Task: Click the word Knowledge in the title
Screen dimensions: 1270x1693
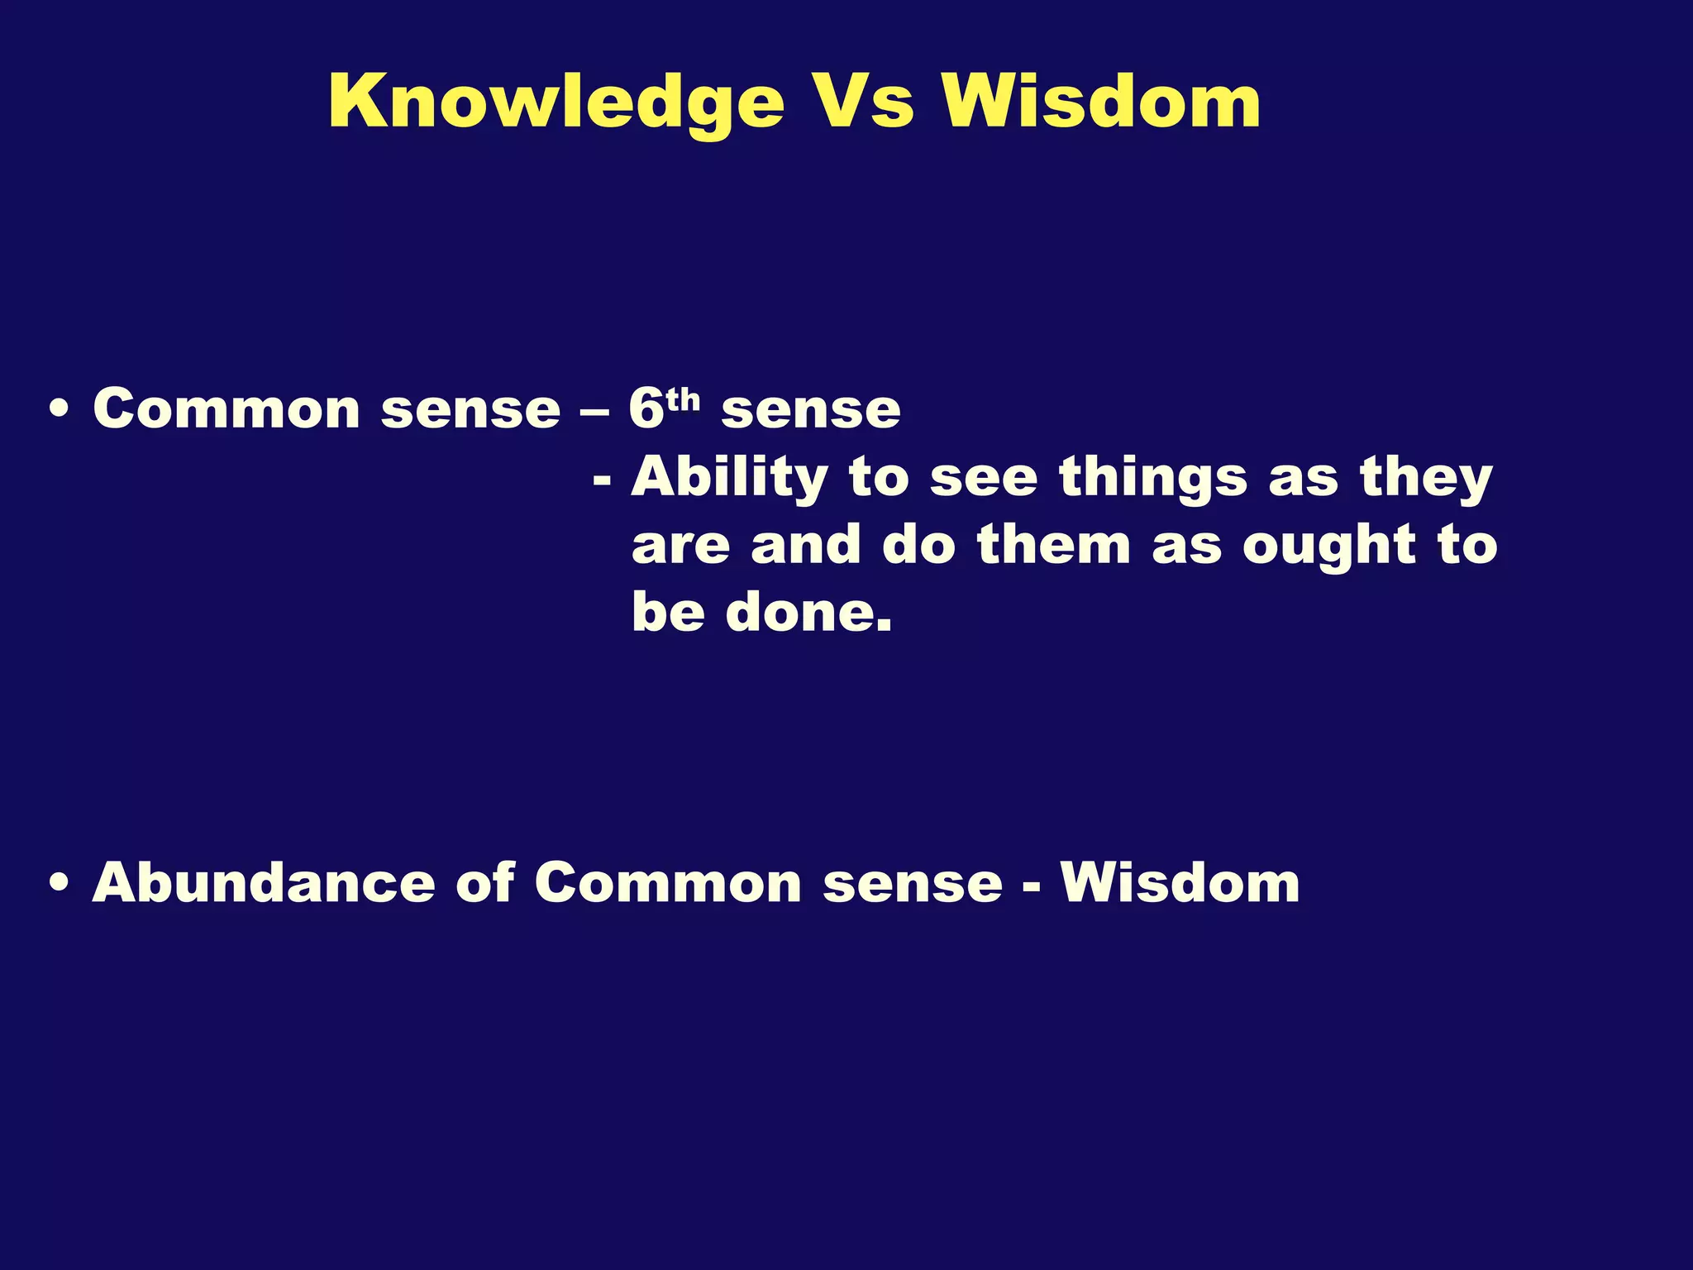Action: coord(556,103)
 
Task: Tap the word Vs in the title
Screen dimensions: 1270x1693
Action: coord(861,103)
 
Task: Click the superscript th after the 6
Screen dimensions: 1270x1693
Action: coord(683,400)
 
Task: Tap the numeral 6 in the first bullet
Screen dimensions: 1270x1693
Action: coord(646,408)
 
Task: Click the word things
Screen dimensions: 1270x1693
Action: coord(1153,479)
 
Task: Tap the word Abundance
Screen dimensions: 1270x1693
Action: coord(263,883)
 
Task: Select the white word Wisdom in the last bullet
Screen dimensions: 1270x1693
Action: coord(1180,883)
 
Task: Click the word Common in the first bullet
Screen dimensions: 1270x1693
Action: coord(226,409)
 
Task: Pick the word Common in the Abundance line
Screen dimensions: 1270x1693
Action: coord(668,883)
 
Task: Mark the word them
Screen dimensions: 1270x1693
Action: coord(1053,547)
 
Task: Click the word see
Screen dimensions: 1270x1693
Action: coord(983,479)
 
